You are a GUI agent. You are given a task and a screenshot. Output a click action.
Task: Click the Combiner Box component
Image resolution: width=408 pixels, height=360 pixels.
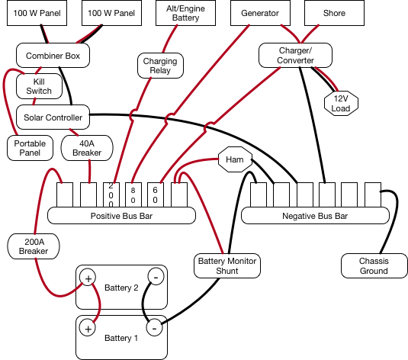point(53,56)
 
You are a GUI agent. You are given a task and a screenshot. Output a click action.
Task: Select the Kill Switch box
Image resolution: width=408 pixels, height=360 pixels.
point(39,86)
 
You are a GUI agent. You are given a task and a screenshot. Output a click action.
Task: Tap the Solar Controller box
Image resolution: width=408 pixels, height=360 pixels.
point(53,117)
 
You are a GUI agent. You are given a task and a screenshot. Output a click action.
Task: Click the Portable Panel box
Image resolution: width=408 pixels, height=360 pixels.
point(30,148)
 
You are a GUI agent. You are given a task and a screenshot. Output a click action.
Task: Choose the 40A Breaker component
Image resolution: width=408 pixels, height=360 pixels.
point(87,148)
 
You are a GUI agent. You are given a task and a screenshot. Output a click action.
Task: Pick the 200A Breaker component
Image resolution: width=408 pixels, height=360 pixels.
point(34,246)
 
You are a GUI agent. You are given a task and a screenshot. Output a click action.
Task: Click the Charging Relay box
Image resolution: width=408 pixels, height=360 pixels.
point(160,66)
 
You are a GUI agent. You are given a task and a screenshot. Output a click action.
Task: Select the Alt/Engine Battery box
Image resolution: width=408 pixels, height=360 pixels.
point(185,13)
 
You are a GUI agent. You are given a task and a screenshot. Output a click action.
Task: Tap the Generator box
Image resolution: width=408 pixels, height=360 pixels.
point(260,13)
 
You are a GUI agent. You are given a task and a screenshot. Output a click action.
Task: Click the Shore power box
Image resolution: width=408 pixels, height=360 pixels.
point(334,13)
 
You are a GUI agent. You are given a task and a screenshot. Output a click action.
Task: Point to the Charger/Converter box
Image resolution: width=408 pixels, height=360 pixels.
point(295,56)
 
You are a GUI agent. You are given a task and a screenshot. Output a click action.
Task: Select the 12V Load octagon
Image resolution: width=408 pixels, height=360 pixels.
point(341,103)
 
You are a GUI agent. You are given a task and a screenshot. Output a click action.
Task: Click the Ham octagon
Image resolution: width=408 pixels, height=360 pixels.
point(235,159)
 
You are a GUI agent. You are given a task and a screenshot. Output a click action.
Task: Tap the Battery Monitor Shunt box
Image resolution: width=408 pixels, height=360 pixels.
point(227,265)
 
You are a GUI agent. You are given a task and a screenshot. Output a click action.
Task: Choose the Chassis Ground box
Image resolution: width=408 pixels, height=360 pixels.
point(374,265)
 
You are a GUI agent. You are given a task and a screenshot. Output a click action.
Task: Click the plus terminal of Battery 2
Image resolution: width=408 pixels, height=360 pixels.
point(88,278)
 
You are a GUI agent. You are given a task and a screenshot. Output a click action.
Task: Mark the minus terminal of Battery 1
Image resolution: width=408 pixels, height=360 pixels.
point(154,328)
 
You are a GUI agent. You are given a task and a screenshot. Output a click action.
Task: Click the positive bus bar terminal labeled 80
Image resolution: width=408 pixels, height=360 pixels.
point(133,195)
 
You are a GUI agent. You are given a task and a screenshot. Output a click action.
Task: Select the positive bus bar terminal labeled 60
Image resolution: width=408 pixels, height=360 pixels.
point(156,195)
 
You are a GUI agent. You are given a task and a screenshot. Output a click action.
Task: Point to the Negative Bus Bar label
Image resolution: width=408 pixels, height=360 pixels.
point(315,216)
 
